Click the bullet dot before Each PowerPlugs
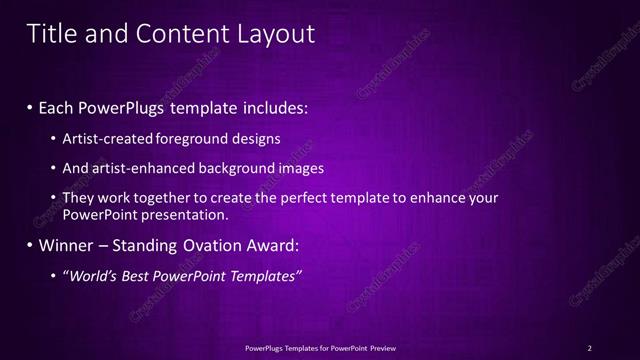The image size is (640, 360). coord(30,107)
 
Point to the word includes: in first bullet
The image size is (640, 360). coord(274,107)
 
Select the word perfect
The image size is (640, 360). coord(311,198)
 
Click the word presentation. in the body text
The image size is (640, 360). coord(191,214)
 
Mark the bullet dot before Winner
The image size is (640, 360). coord(30,245)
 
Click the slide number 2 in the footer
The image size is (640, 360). coord(590,348)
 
